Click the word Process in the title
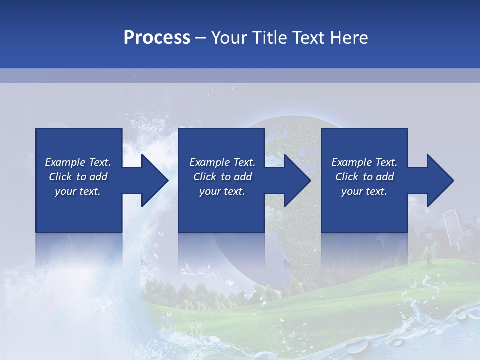(157, 38)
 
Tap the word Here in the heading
(349, 38)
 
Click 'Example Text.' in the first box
(78, 162)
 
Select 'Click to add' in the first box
(78, 177)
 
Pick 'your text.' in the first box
(78, 191)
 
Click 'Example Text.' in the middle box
(222, 162)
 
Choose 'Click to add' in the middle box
(222, 177)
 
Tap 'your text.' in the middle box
(222, 191)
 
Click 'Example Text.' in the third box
(364, 162)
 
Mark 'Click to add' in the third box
(364, 177)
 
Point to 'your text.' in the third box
(364, 191)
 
